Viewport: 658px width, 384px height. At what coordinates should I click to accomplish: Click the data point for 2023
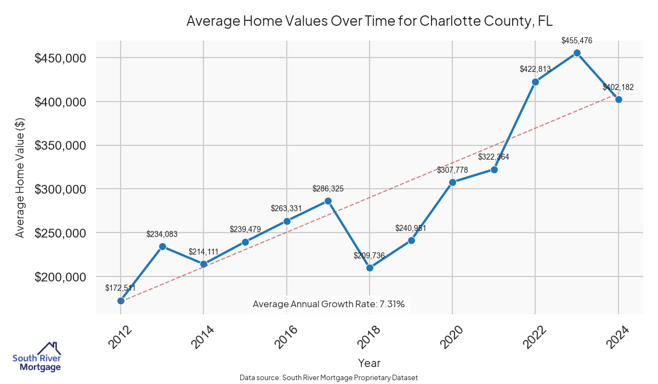(x=577, y=53)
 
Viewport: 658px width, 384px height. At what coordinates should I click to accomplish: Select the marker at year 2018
(x=370, y=268)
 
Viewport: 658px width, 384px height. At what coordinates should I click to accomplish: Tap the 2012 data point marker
(x=121, y=301)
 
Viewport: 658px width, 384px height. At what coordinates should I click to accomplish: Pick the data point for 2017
(x=328, y=201)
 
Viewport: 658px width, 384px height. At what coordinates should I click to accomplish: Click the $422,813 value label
(x=535, y=69)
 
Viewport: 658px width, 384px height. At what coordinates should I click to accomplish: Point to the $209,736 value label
(x=370, y=256)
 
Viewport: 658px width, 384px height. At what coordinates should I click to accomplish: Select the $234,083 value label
(x=162, y=234)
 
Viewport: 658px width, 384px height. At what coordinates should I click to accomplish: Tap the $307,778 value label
(x=452, y=170)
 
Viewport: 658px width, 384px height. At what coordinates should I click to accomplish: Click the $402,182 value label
(x=618, y=87)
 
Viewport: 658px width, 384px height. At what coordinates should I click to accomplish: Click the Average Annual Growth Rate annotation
(x=328, y=304)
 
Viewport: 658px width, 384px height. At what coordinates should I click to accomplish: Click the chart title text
(x=369, y=21)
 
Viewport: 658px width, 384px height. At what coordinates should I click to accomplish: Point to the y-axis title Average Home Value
(x=20, y=177)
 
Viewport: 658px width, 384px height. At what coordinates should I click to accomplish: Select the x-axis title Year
(x=369, y=363)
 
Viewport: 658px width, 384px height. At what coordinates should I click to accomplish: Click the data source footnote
(x=328, y=377)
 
